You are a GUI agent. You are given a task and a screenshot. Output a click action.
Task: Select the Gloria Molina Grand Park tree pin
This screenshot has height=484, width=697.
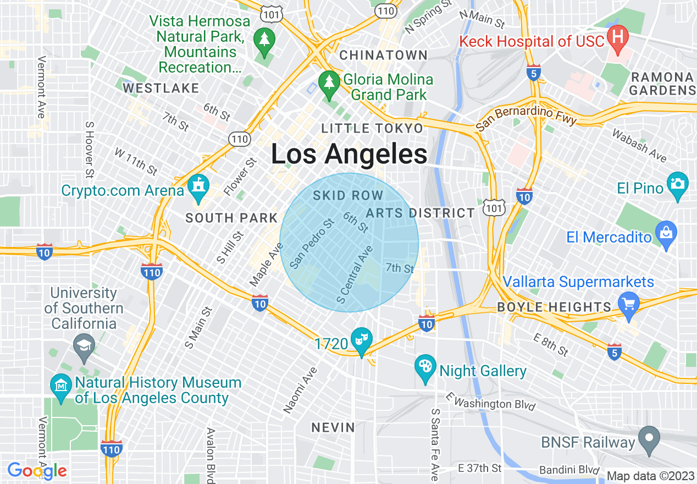click(x=329, y=84)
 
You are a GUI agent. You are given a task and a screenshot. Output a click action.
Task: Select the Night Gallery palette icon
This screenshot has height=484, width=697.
click(x=425, y=367)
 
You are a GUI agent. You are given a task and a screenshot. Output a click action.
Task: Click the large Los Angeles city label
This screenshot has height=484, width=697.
click(x=349, y=155)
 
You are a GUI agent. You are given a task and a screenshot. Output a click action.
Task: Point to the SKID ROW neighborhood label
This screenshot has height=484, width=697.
click(x=348, y=196)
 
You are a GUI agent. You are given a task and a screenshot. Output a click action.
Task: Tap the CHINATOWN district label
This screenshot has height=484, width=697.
click(x=383, y=55)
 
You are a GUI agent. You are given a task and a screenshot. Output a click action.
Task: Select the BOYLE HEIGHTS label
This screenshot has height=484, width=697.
click(x=554, y=307)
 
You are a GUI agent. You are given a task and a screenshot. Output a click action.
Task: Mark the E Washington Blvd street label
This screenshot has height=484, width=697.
click(x=490, y=401)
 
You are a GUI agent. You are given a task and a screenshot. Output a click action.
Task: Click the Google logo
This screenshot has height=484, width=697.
click(x=37, y=471)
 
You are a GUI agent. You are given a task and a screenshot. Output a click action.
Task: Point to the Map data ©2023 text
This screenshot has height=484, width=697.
click(x=650, y=476)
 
